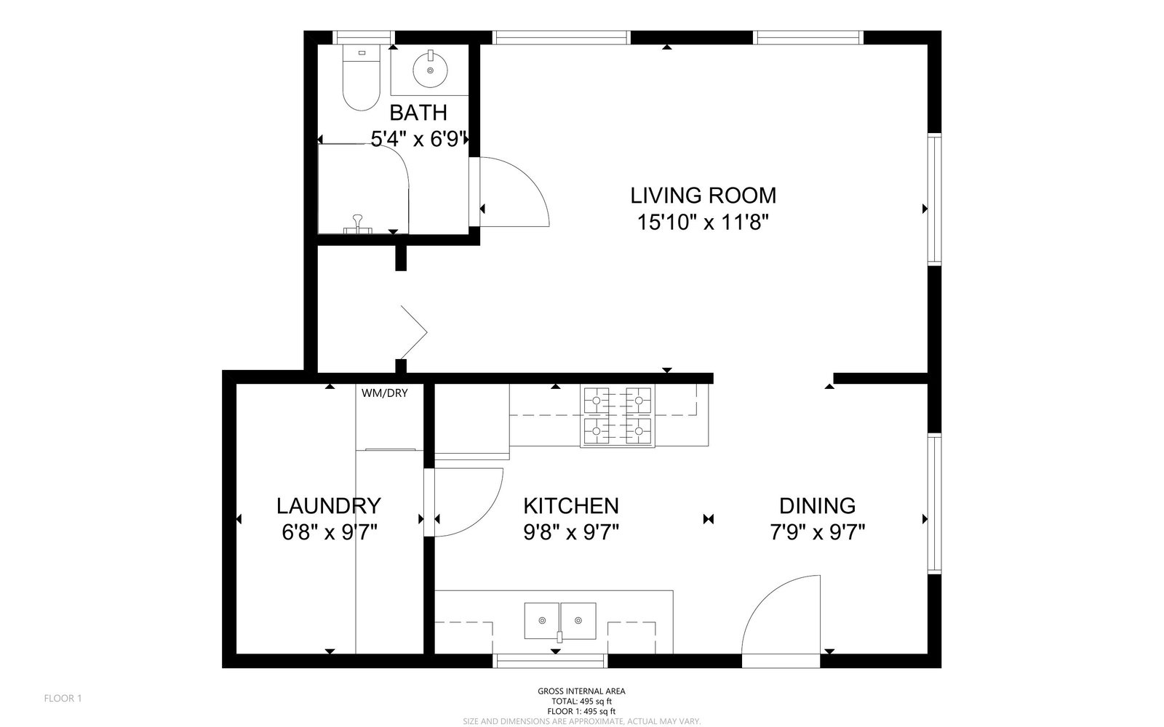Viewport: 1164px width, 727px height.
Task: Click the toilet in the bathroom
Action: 361,78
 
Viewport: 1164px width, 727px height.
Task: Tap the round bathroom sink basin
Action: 430,70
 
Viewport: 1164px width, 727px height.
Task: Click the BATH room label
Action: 418,113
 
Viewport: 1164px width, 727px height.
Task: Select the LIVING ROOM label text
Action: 703,196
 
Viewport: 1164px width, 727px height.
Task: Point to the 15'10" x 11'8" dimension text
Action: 703,222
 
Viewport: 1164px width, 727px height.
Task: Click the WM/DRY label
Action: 385,393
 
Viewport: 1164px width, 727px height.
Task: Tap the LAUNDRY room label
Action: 328,506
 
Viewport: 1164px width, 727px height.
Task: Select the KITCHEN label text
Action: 571,506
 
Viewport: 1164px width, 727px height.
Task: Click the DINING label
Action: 818,506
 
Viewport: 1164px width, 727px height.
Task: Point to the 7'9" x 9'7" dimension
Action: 818,533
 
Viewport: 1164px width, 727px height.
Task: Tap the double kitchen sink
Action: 560,621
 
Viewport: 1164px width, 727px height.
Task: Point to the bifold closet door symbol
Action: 414,332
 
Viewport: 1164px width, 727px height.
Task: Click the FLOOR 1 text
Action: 63,699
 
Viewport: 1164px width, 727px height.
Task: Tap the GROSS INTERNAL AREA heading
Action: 581,691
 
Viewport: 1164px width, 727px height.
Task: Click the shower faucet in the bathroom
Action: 357,225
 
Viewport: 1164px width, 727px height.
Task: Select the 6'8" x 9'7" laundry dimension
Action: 329,533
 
